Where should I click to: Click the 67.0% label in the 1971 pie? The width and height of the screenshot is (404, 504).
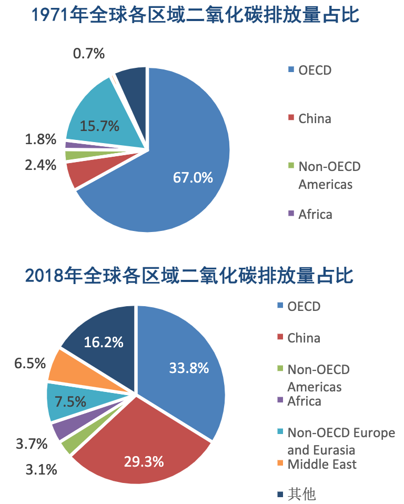point(193,177)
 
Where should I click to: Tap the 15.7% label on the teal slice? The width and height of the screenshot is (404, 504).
point(99,126)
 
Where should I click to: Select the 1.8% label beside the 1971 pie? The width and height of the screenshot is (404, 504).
point(40,139)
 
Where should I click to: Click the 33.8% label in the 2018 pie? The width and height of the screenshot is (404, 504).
point(189,368)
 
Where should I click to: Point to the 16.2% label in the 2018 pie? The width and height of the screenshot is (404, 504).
point(104,342)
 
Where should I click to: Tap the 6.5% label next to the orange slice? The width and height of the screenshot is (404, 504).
point(30,363)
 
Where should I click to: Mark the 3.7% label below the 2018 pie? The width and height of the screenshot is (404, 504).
point(32,444)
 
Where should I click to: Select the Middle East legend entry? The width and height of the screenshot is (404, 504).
point(321,464)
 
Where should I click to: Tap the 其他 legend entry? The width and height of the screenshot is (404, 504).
point(301,494)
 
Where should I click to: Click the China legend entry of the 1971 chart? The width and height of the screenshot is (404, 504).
point(315,118)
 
